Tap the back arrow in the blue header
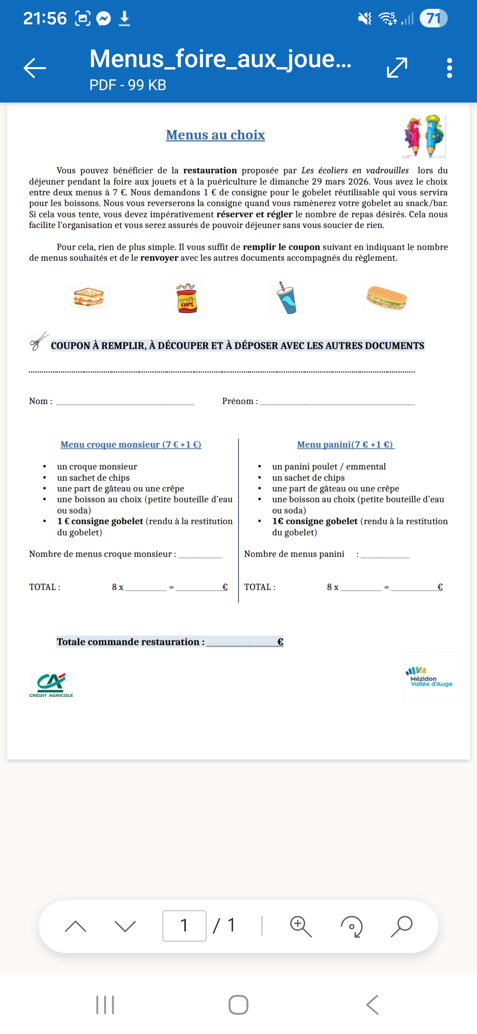[35, 68]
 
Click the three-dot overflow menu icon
[449, 68]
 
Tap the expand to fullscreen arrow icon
[397, 68]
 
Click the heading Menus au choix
[215, 135]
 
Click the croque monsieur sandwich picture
[88, 297]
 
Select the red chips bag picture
[187, 298]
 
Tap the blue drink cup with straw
[287, 298]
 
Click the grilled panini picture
[386, 297]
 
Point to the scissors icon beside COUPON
[39, 341]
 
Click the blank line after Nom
[125, 402]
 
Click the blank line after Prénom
[337, 402]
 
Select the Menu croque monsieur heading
[131, 445]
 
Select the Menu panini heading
[345, 445]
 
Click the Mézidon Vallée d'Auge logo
[430, 677]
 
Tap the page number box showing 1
[184, 925]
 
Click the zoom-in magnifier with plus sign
[301, 926]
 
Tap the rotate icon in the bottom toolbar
[352, 926]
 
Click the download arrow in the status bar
[125, 19]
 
